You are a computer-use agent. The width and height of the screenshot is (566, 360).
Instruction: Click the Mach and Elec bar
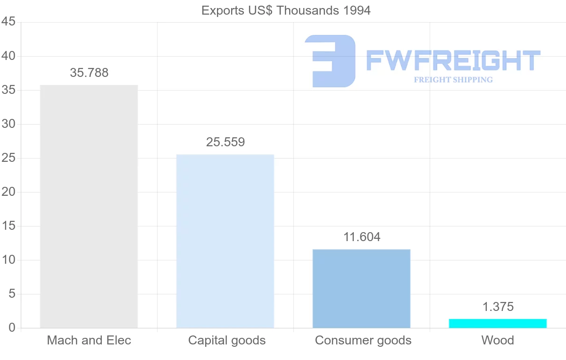point(89,206)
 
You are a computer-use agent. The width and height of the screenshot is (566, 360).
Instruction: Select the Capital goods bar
point(225,241)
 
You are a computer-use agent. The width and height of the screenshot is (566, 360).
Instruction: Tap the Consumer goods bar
point(361,288)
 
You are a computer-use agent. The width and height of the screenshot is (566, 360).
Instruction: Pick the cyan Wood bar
point(498,323)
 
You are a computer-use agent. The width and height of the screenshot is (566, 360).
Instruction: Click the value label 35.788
point(89,73)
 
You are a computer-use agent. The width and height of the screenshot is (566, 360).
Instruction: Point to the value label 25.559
point(225,142)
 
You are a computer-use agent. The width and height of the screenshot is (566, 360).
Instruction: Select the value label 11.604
point(362,237)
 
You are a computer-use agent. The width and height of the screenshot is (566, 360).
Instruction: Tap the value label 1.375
point(498,307)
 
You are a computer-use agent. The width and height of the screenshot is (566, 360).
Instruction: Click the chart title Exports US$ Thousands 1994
point(286,10)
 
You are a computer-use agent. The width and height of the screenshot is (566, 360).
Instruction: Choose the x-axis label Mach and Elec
point(89,340)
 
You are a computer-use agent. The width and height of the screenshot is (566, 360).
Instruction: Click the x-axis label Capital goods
point(227,340)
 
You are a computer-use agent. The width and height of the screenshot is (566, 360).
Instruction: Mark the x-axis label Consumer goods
point(363,340)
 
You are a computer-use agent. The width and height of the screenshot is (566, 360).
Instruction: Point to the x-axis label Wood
point(498,340)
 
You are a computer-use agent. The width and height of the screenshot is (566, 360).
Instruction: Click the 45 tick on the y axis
point(8,22)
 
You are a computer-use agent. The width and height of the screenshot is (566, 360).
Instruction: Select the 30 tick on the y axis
point(8,124)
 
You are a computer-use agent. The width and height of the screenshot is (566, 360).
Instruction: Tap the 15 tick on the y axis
point(8,226)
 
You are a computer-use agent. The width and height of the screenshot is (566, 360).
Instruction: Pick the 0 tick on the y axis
point(12,328)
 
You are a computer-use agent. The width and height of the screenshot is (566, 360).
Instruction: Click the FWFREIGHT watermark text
point(453,61)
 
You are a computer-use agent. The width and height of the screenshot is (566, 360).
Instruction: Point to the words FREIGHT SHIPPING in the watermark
point(453,80)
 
